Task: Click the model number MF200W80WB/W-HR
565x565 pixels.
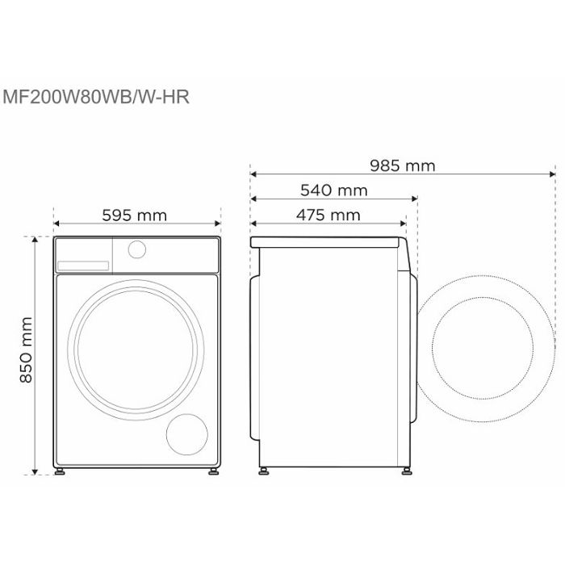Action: click(96, 98)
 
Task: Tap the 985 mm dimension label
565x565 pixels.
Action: click(403, 165)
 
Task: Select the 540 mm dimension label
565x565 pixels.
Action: click(334, 190)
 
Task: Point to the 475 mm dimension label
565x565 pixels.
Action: click(329, 216)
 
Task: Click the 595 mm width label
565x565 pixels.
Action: click(135, 216)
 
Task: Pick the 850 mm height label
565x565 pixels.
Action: click(26, 349)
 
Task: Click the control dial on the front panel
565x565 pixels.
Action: click(137, 249)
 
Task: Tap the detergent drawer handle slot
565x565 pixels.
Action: click(83, 266)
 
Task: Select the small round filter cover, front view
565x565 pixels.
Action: click(187, 434)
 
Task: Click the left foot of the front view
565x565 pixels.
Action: click(60, 471)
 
